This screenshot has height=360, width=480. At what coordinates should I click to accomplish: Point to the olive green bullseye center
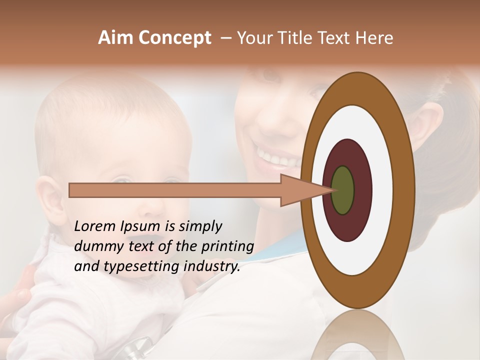coord(342,190)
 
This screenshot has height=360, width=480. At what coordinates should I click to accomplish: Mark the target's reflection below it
coord(357,337)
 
